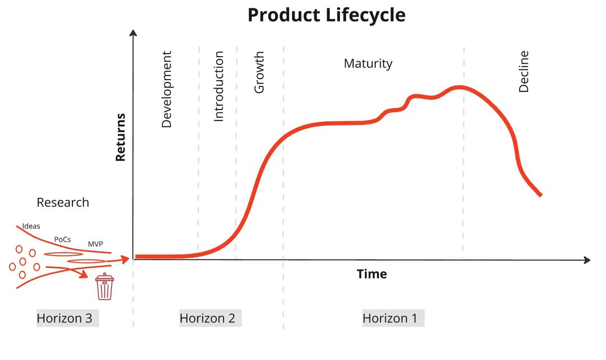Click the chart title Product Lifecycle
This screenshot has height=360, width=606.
coord(326,15)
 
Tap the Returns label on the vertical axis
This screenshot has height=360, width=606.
coord(120,137)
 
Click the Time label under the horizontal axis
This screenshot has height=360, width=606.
coord(371,274)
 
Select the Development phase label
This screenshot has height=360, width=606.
coord(167,90)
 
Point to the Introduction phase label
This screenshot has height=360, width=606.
coord(219,86)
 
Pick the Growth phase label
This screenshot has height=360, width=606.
coord(259,73)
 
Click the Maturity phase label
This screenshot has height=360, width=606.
coord(368,63)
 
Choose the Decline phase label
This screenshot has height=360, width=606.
coord(524,71)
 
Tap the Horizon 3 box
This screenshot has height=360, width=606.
coord(65,319)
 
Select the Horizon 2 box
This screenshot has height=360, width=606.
coord(208,319)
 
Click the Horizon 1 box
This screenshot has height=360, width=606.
coord(390,319)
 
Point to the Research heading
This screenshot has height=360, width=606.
coord(63,202)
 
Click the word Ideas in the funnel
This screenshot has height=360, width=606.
coord(31,226)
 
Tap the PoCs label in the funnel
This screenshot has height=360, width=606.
coord(62,239)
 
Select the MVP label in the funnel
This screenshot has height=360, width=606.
coord(95,244)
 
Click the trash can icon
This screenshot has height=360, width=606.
coord(104,287)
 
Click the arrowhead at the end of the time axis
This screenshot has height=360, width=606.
coord(587,260)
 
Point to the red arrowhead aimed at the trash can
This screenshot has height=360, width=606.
coord(85,274)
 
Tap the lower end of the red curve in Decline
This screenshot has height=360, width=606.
coord(540,195)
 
